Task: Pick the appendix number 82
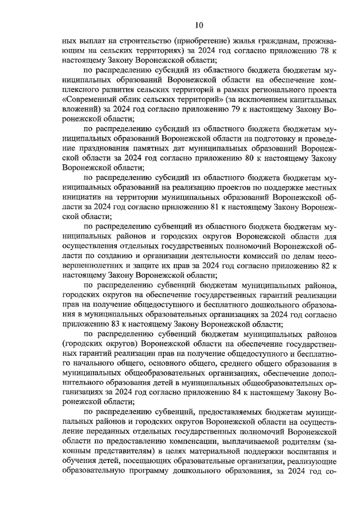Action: pyautogui.click(x=325, y=266)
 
